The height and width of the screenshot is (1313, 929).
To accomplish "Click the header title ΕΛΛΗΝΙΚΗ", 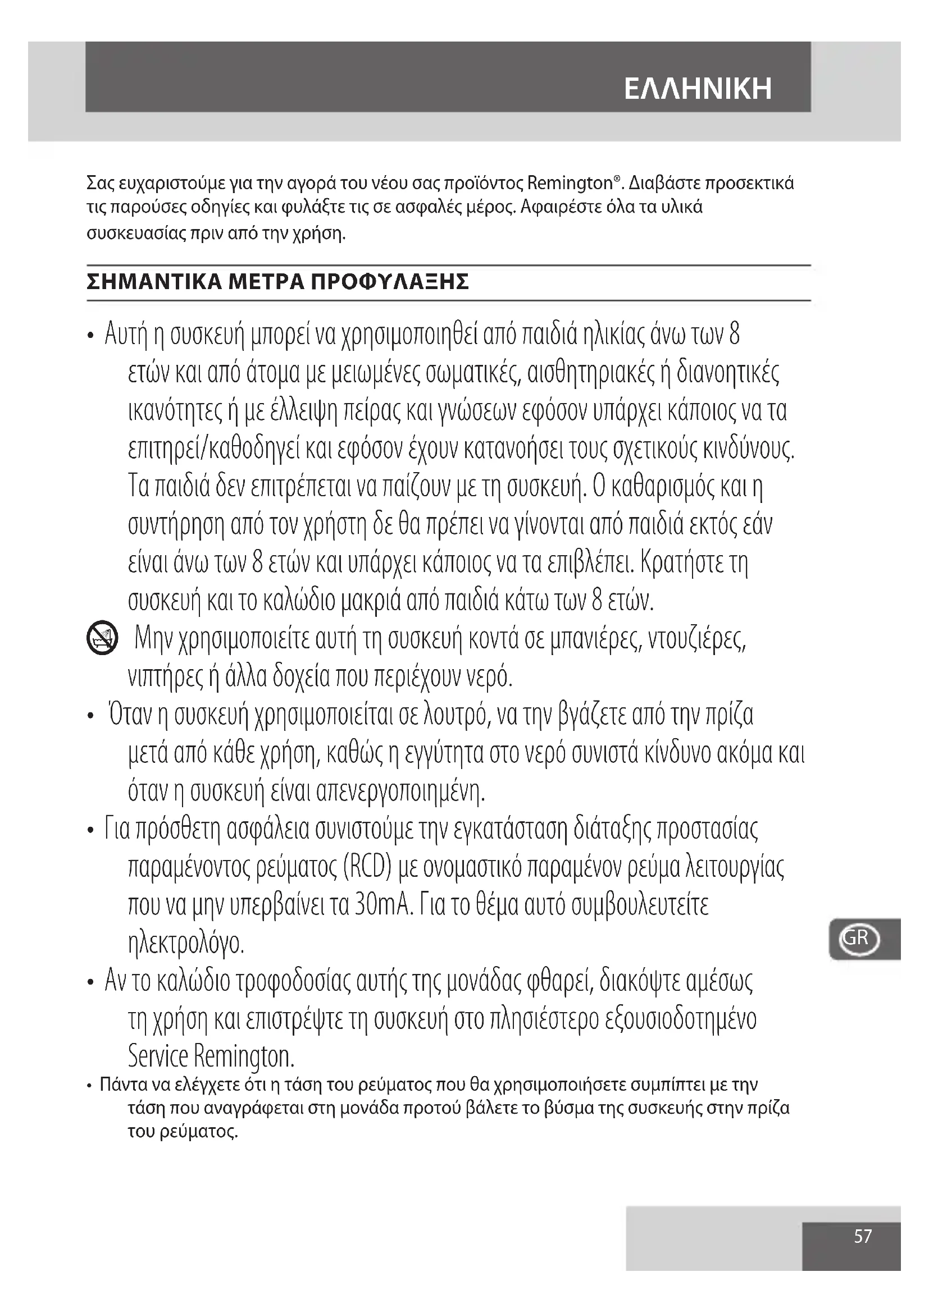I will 698,89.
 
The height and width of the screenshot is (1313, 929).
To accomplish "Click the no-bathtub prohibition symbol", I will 102,639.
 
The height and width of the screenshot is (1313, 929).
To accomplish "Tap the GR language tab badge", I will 859,939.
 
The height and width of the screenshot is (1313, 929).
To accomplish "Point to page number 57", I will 863,1237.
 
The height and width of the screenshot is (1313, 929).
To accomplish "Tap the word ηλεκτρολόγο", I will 186,944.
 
